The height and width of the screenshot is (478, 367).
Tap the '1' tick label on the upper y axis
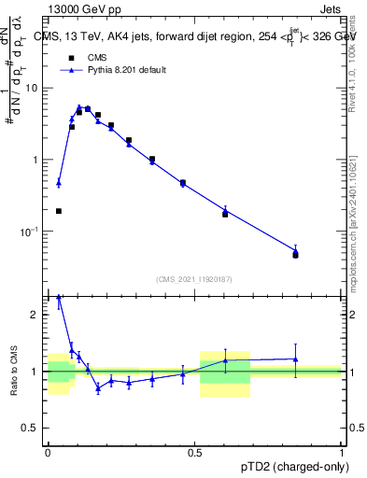pos(36,160)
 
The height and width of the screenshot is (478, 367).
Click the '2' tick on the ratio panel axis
pos(37,315)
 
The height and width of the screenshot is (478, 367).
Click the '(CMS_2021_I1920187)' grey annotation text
pos(194,279)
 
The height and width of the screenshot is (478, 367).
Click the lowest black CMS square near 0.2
pos(59,211)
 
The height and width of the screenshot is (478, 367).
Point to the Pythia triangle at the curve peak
pos(79,107)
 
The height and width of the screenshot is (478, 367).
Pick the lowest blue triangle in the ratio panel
pos(98,388)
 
